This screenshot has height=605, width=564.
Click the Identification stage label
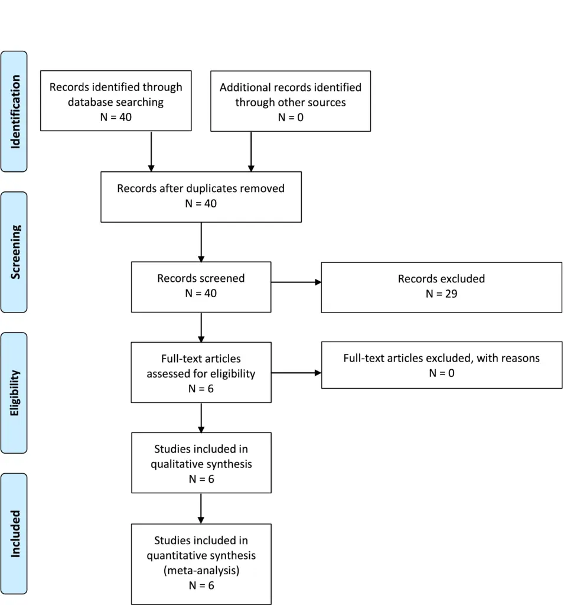(x=15, y=112)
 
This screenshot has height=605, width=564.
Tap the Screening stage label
(x=15, y=252)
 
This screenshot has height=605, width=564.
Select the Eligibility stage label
(x=15, y=393)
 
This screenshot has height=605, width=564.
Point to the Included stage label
(x=15, y=534)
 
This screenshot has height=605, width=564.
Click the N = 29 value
(x=441, y=294)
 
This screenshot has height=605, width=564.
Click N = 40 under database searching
(x=116, y=117)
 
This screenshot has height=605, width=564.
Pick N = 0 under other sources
(x=291, y=118)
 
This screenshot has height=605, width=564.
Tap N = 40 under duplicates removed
(x=201, y=203)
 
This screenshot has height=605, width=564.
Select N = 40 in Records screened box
(x=201, y=293)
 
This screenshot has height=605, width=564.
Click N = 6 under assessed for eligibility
(x=201, y=389)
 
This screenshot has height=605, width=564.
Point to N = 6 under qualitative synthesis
(x=201, y=479)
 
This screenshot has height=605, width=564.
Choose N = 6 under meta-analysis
(x=201, y=586)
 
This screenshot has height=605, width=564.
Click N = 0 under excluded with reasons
(x=442, y=373)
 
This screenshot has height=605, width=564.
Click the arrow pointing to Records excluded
(x=296, y=282)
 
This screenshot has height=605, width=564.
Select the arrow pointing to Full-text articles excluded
(x=296, y=373)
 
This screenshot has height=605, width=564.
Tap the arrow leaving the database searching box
(x=151, y=151)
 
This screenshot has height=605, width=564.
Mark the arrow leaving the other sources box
(x=251, y=152)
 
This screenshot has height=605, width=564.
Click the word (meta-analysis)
(x=201, y=570)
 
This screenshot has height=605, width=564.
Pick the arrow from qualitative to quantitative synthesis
(x=201, y=509)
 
